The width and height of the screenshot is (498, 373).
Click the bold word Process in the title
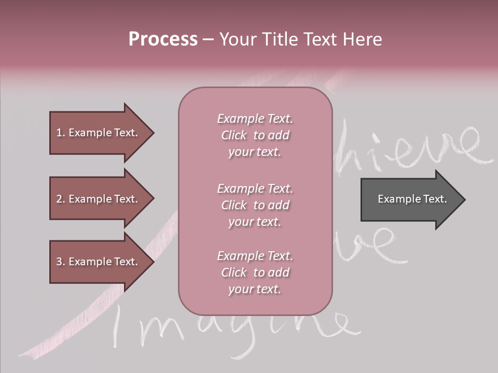(x=163, y=39)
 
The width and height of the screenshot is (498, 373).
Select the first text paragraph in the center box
(x=255, y=135)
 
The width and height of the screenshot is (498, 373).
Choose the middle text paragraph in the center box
(x=255, y=205)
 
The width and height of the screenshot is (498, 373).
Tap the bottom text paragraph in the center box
(x=255, y=272)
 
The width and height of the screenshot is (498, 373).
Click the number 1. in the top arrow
(x=61, y=133)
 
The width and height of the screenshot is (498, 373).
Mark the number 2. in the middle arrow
(x=61, y=199)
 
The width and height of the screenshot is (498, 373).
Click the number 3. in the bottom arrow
(x=61, y=262)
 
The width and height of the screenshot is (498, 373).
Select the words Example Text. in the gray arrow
(x=412, y=199)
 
